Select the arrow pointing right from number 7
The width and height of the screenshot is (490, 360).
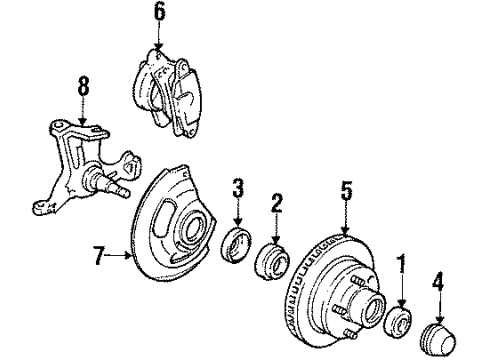pos(122,256)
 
